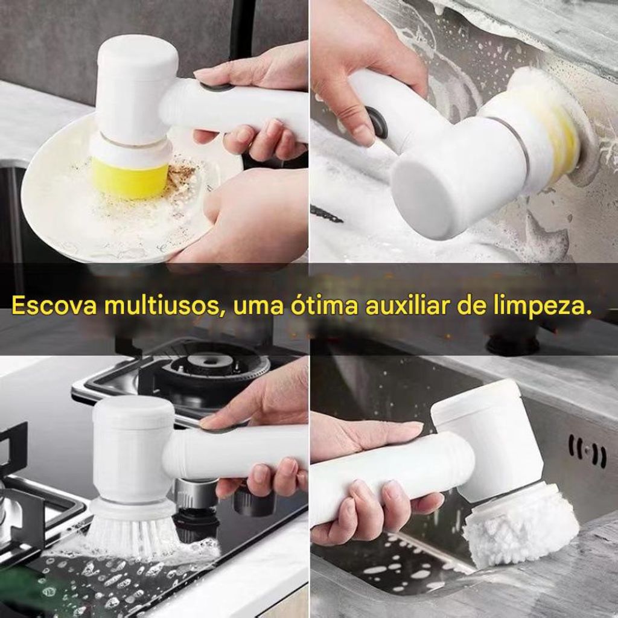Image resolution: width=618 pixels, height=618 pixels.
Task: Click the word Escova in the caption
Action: (x=54, y=306)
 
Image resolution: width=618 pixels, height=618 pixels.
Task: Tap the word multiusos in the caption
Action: (x=162, y=306)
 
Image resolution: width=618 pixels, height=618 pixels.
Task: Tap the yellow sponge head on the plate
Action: (x=130, y=177)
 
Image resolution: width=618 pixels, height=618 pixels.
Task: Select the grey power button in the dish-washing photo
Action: (x=215, y=87)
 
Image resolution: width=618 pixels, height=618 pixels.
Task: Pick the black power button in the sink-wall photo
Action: (x=377, y=122)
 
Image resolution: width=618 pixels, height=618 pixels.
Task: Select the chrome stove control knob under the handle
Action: (x=195, y=492)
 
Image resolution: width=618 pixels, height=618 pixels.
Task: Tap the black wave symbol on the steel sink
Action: (x=587, y=451)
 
